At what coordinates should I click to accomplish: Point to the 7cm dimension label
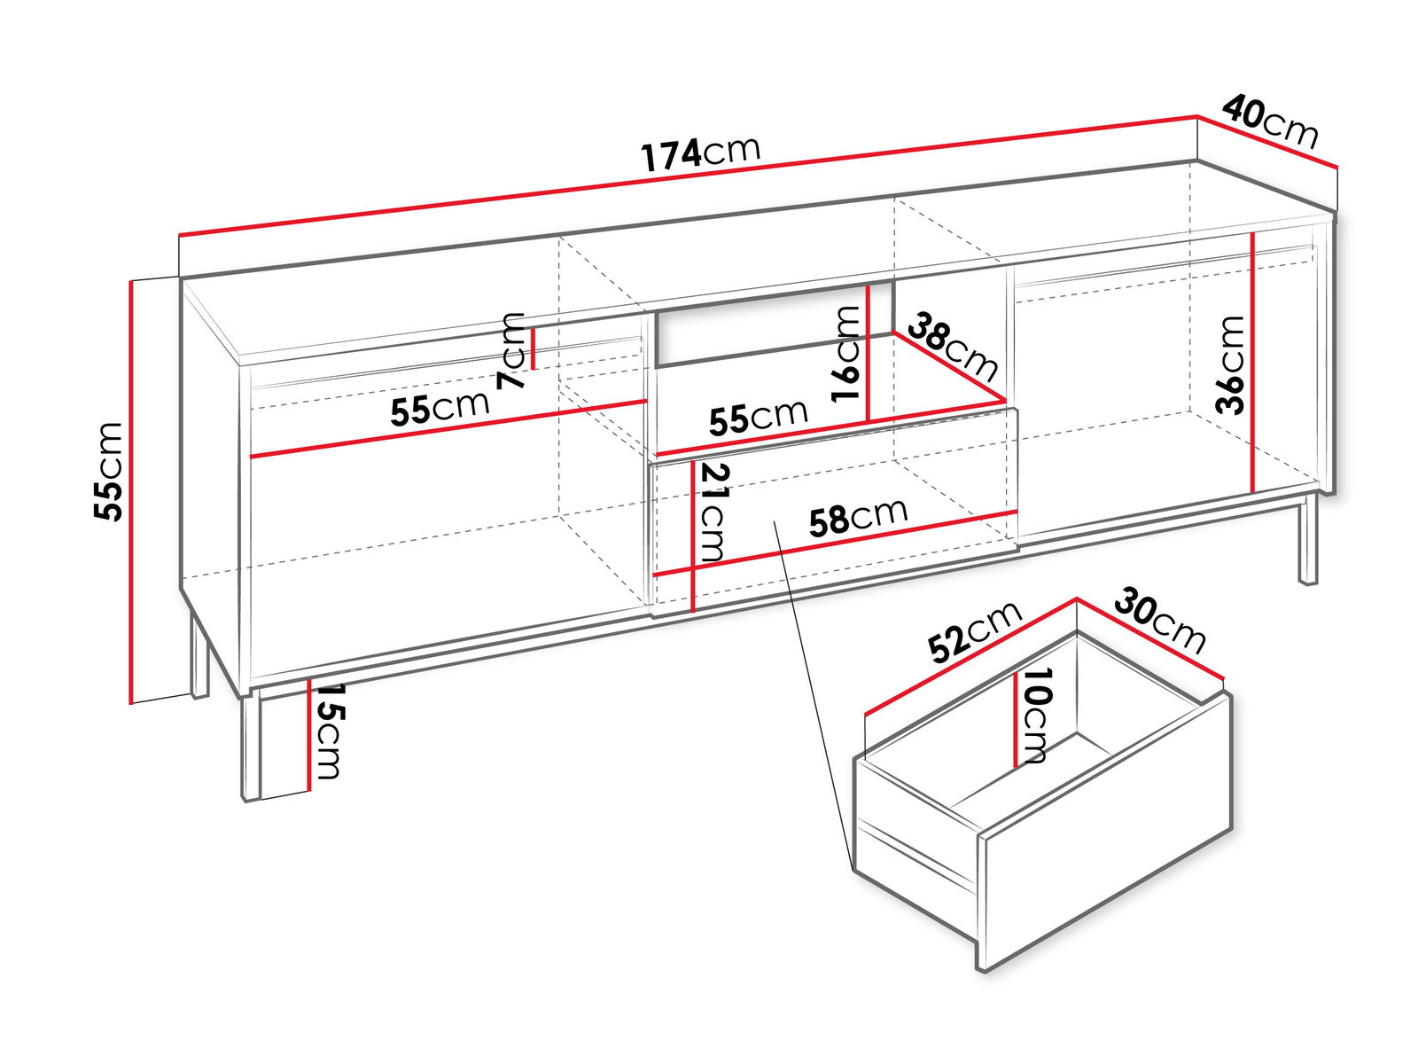512,351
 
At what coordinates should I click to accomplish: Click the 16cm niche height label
845,354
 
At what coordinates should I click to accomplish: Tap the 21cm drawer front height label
713,512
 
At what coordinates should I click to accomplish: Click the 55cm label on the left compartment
440,407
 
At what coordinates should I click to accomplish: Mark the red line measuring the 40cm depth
1267,142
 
